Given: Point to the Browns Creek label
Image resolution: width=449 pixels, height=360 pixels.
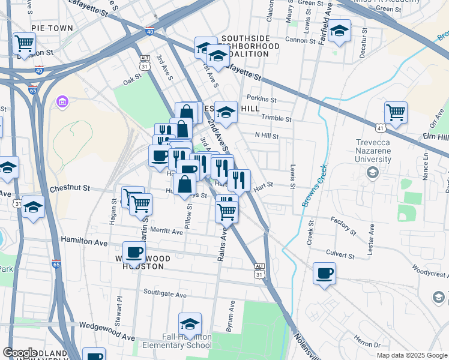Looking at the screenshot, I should [314, 186].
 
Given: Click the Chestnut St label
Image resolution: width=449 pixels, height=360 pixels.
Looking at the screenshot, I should [70, 188].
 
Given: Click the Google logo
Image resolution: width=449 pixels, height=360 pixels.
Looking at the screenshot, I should [20, 353].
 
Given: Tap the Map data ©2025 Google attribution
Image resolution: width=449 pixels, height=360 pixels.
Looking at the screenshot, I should [412, 355].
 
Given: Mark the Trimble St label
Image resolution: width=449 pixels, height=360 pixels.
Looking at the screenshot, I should [276, 119].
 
